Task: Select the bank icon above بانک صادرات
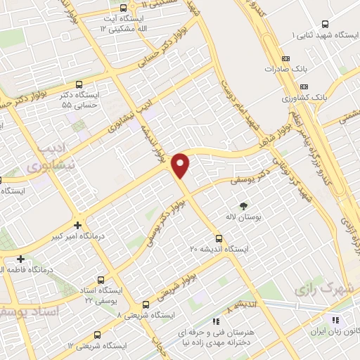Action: tap(285, 59)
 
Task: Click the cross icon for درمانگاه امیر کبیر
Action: tap(77, 226)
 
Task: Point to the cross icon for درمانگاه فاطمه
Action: tap(21, 259)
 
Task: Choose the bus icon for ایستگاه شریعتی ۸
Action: tap(146, 304)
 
